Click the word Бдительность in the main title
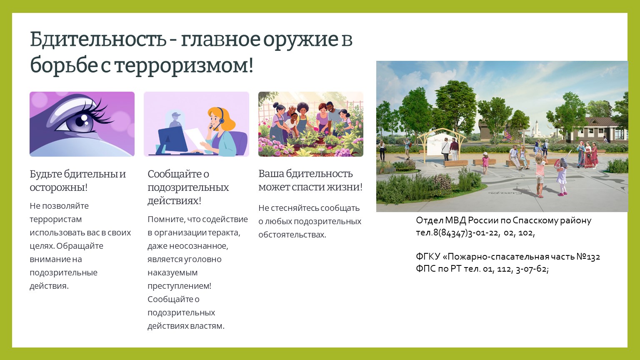pyautogui.click(x=98, y=39)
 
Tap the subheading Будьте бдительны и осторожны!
pyautogui.click(x=78, y=180)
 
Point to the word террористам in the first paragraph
pyautogui.click(x=56, y=219)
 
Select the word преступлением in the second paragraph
pyautogui.click(x=179, y=286)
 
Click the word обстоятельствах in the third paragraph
pyautogui.click(x=292, y=235)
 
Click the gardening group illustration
pyautogui.click(x=311, y=124)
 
